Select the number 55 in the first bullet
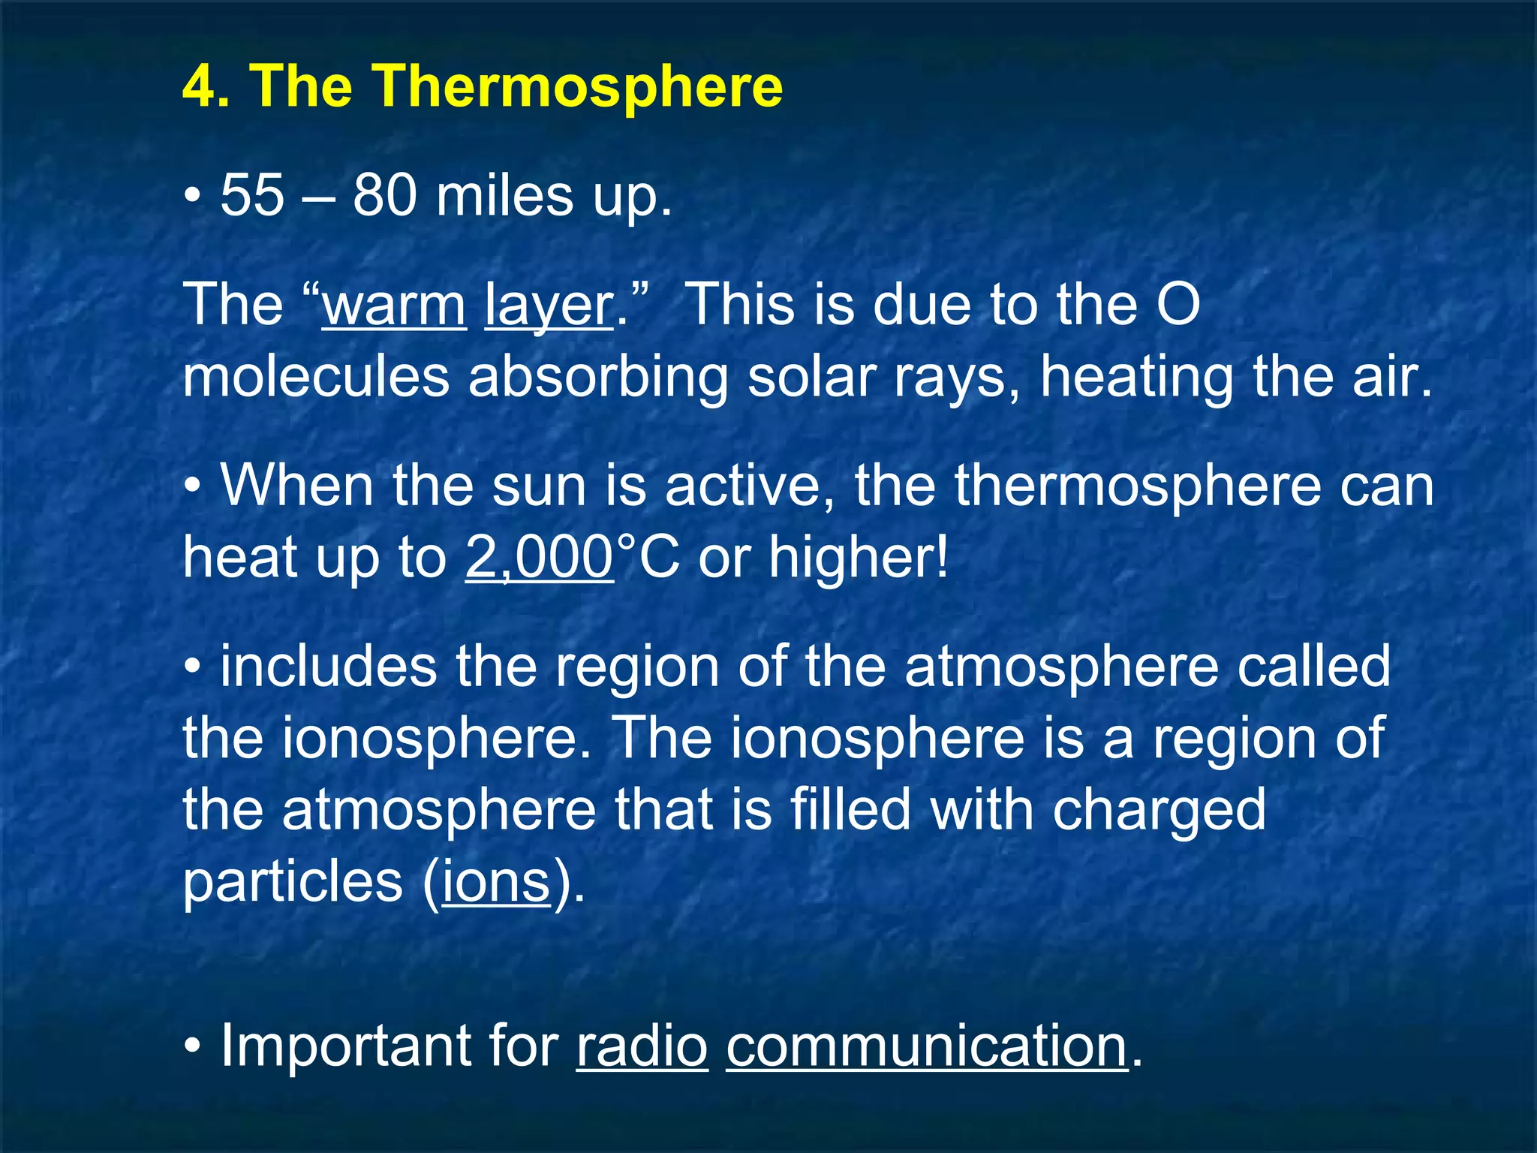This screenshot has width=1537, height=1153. tap(252, 195)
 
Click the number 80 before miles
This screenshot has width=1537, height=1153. tap(384, 195)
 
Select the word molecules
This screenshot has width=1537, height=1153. tap(316, 376)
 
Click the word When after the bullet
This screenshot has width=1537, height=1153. tap(296, 486)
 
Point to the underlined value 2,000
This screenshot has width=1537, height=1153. tap(540, 558)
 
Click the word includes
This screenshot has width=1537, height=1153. tap(328, 666)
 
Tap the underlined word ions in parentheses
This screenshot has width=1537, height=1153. tap(496, 882)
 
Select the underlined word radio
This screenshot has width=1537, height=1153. tap(642, 1046)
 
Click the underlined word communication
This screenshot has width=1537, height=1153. tap(926, 1046)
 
